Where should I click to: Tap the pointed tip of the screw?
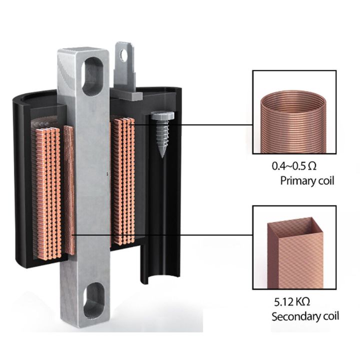162,157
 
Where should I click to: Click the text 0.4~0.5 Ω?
294,166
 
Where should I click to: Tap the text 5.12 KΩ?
292,301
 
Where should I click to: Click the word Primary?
295,181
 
